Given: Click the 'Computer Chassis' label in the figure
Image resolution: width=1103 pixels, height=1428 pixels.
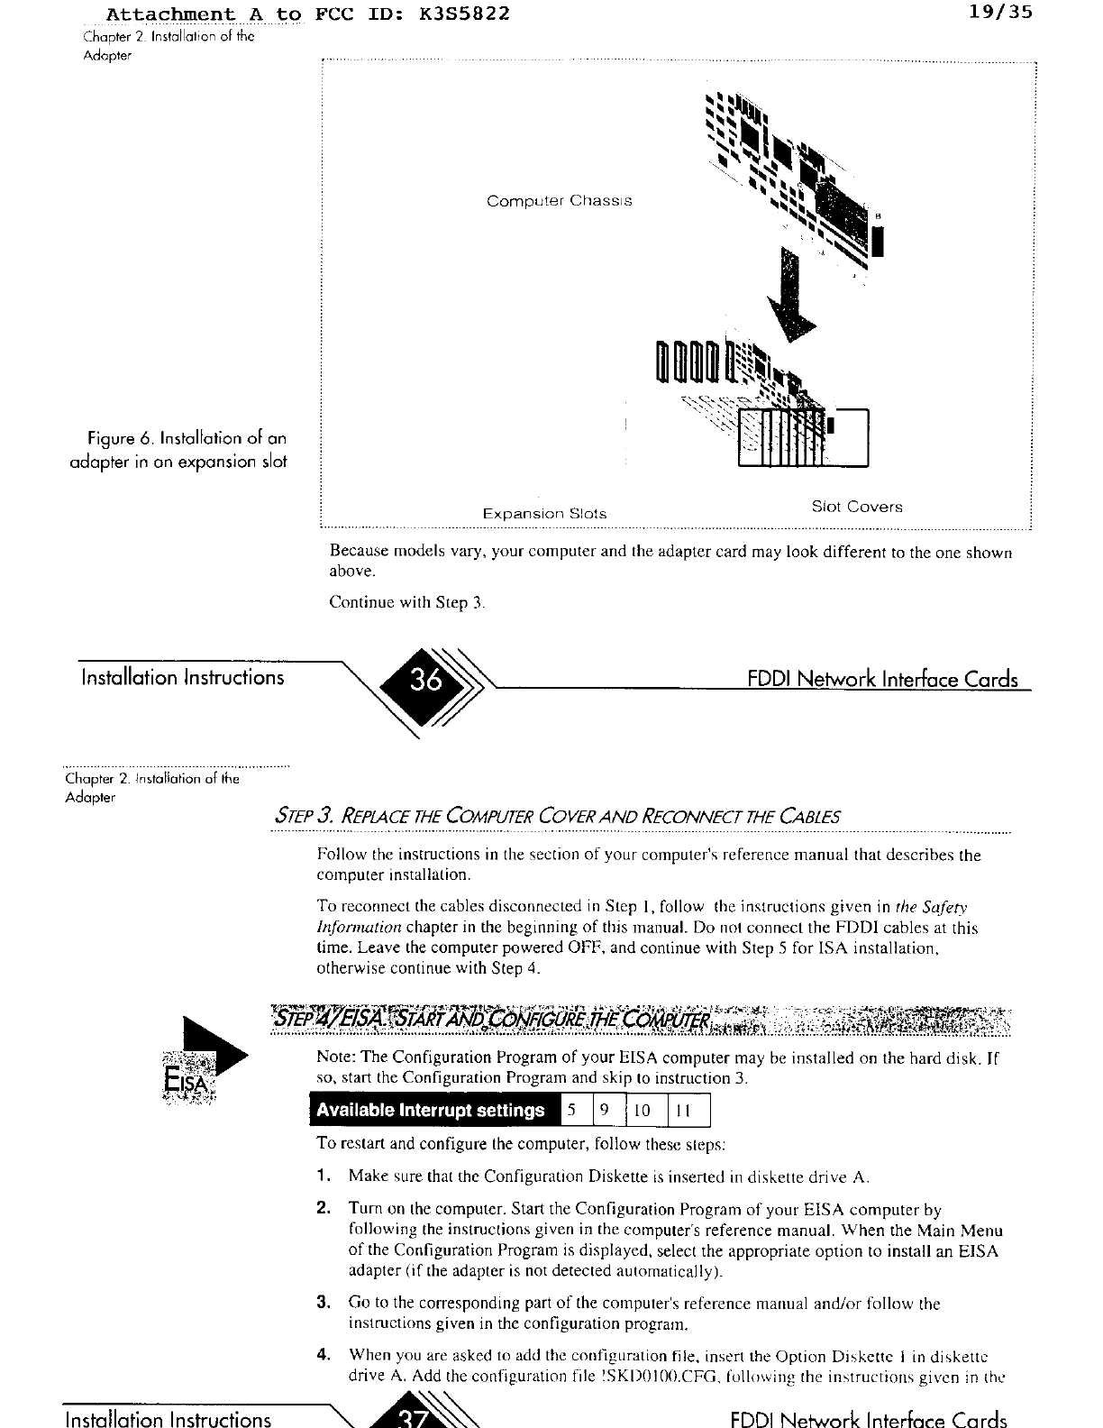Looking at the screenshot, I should [x=559, y=201].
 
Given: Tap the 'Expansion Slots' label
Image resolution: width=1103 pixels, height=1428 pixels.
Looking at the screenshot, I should [x=544, y=514].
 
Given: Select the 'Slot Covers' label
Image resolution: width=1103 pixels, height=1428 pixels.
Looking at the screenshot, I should [x=856, y=507].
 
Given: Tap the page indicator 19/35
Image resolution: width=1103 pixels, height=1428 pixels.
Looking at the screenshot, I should [x=1002, y=14].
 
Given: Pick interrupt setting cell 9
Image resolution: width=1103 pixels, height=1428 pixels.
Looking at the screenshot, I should [x=605, y=1111].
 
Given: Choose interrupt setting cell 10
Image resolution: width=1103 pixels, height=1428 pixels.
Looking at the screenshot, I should [x=643, y=1111].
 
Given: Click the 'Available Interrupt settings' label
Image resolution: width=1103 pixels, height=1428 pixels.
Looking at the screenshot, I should [x=431, y=1111].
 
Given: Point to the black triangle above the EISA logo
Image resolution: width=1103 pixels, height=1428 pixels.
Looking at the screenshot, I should [x=214, y=1046].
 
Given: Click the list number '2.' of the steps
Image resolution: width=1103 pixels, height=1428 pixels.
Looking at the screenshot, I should [x=323, y=1209].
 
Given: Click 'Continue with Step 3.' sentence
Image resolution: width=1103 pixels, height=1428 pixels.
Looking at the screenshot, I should [x=407, y=602].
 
